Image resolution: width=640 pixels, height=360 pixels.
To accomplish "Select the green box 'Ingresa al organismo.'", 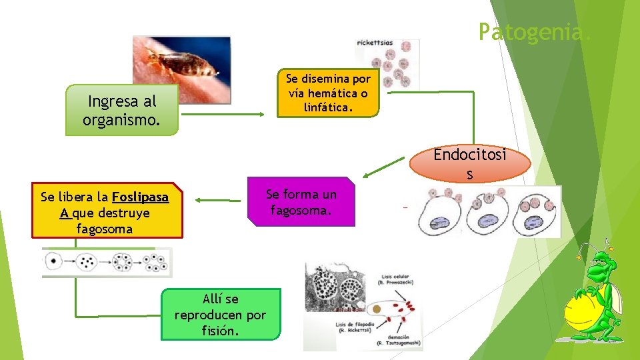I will click(122, 111).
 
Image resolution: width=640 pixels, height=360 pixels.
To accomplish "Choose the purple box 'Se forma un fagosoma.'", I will click(301, 202).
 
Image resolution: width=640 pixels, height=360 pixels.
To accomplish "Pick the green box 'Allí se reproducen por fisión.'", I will click(220, 314).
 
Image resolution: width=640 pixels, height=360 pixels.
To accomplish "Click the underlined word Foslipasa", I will click(140, 197).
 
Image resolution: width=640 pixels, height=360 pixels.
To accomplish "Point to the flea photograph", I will click(181, 68).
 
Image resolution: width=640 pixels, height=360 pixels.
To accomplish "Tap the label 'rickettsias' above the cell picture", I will click(375, 43).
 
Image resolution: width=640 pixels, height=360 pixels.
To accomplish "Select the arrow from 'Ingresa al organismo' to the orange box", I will click(223, 114).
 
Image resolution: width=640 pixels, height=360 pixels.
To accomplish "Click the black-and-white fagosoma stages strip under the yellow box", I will click(107, 262).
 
